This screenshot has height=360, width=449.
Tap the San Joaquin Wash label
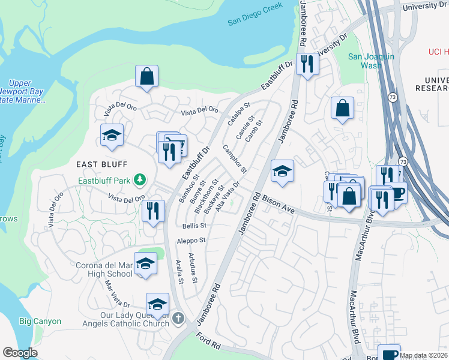pos(372,61)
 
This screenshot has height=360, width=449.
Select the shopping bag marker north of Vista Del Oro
pos(146,77)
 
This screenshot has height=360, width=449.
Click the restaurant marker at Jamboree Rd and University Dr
pos(307,63)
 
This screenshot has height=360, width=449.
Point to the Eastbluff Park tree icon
pos(140,179)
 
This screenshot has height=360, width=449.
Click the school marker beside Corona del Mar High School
pos(145,263)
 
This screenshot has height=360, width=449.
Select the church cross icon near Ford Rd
pos(178,319)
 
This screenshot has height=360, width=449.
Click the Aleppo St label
pos(191,240)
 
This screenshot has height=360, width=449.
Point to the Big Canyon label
pos(40,321)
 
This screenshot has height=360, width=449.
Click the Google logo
pos(20,352)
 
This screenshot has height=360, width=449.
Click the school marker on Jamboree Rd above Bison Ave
pos(282,172)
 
